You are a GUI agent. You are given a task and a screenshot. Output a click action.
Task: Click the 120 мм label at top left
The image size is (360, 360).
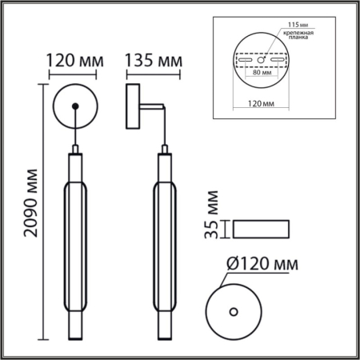(x=73, y=61)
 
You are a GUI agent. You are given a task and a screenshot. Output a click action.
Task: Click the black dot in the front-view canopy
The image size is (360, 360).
(x=74, y=106)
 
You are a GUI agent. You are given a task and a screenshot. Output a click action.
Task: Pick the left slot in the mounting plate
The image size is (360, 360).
(x=244, y=60)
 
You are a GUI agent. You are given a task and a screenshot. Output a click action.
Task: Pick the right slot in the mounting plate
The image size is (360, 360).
(x=275, y=60)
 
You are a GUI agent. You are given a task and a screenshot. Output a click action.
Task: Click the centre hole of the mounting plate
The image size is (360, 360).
(x=260, y=59)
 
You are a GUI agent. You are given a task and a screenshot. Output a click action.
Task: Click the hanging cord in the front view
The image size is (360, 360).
(x=74, y=128)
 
